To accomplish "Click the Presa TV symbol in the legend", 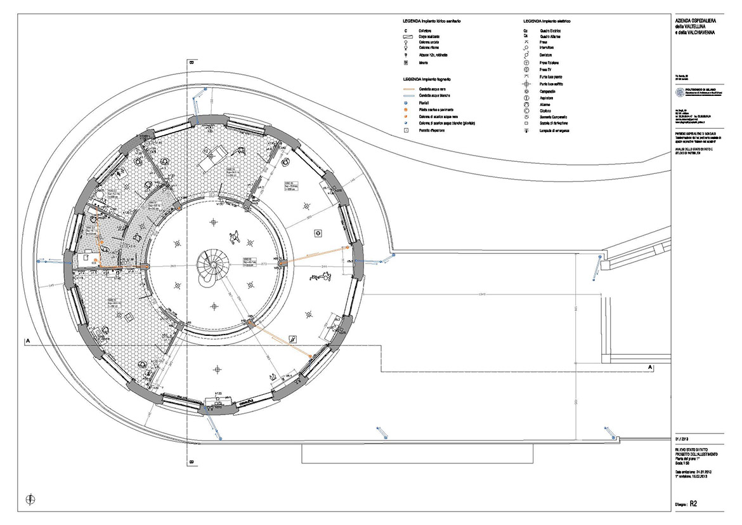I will coord(526,69).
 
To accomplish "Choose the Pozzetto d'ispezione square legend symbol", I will coord(405,130).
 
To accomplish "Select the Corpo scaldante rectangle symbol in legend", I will coord(405,37).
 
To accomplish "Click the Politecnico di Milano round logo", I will coord(680,93).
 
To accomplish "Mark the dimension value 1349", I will coord(482,294).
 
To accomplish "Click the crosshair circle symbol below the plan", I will coord(30,500).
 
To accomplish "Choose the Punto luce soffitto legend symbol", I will coord(526,84).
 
